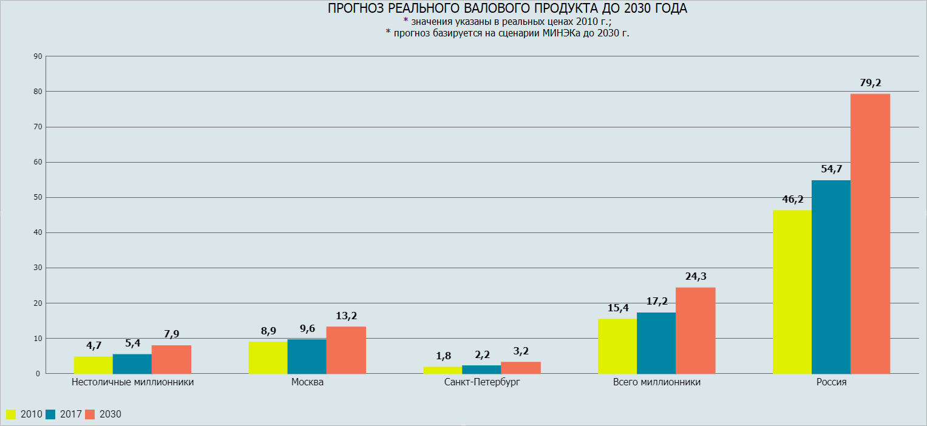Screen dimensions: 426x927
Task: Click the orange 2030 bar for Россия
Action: (870, 234)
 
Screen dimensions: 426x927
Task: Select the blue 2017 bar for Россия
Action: (831, 277)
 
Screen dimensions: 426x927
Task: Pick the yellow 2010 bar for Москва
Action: (268, 357)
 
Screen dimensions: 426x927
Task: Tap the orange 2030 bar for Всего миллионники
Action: (695, 330)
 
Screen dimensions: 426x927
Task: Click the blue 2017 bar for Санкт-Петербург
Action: (481, 369)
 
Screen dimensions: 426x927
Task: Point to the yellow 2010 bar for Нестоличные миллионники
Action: (93, 365)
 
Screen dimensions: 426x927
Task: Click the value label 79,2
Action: (870, 83)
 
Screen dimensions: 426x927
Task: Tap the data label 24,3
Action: (695, 277)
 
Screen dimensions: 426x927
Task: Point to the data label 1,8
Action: (443, 356)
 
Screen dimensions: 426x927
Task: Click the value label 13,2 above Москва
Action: (346, 316)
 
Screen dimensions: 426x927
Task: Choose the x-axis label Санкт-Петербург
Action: (482, 383)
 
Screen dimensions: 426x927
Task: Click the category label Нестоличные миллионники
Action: (132, 383)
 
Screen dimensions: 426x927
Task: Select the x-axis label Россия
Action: (831, 383)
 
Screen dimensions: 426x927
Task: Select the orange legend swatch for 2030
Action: (90, 414)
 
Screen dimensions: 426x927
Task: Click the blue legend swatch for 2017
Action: (50, 414)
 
